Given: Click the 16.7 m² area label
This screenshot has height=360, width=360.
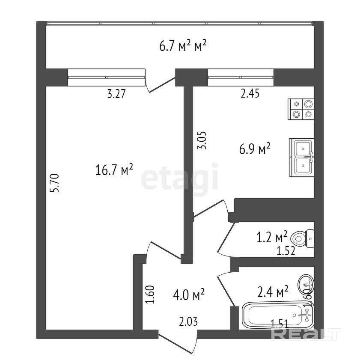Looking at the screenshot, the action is click(x=114, y=170).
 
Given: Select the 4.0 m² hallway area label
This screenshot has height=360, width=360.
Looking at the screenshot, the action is click(x=189, y=295).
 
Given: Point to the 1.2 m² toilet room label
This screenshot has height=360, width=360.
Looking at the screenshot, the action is click(x=272, y=237).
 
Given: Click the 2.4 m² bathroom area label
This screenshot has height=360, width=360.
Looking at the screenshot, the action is click(x=273, y=292).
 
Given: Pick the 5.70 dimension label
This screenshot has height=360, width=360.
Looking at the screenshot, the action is click(x=55, y=183).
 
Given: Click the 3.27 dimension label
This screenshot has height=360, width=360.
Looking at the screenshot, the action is click(x=116, y=94).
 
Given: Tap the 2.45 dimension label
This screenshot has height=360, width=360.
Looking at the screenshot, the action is click(x=250, y=93).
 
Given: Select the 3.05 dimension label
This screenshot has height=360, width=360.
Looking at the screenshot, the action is click(x=202, y=140).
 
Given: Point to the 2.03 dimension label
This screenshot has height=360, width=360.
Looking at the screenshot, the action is click(x=188, y=321).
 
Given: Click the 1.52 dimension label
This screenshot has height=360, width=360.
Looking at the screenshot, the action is click(x=286, y=251).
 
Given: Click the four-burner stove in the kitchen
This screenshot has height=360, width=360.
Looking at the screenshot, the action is click(x=301, y=109).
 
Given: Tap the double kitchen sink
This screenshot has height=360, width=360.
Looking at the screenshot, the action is click(x=302, y=157).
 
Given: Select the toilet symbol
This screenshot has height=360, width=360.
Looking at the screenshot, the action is click(x=302, y=238).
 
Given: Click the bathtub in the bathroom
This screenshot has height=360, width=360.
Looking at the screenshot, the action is click(x=278, y=315).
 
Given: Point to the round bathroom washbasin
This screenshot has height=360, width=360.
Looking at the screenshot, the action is click(x=306, y=285).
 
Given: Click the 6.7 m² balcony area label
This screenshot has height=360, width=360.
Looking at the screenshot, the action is click(x=183, y=45).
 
